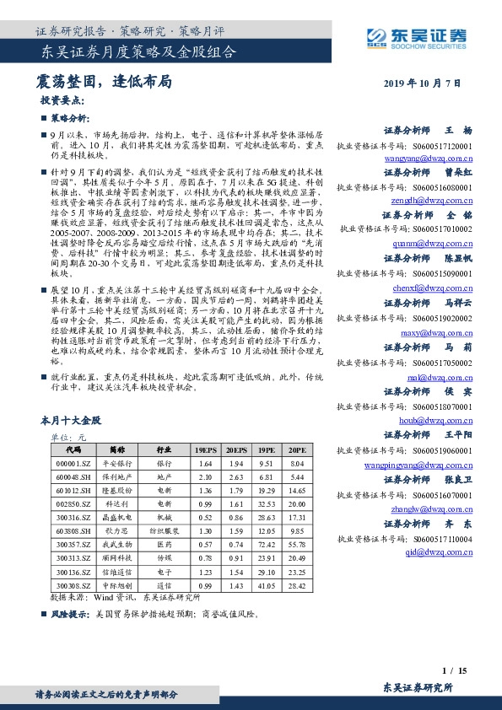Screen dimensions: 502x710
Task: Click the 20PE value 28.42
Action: [x=295, y=585]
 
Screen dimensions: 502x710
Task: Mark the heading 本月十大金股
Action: [x=70, y=419]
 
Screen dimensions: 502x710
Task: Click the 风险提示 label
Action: [x=70, y=615]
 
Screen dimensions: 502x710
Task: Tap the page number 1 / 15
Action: [x=453, y=670]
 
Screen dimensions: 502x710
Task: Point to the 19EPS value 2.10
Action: [x=204, y=477]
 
